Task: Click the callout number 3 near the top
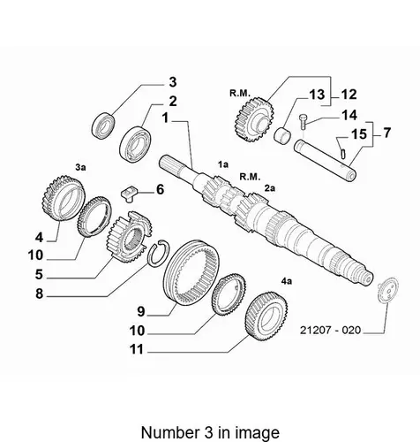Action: coord(173,82)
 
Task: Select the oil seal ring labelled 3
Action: coord(103,126)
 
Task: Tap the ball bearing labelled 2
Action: coord(135,144)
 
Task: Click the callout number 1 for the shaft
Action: coord(166,118)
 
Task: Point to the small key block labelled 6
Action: coord(129,194)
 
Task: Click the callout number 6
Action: coord(160,189)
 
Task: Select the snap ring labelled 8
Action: coord(159,254)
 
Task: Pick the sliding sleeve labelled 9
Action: coord(191,272)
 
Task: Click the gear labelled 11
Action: coord(266,316)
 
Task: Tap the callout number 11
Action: coord(137,349)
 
